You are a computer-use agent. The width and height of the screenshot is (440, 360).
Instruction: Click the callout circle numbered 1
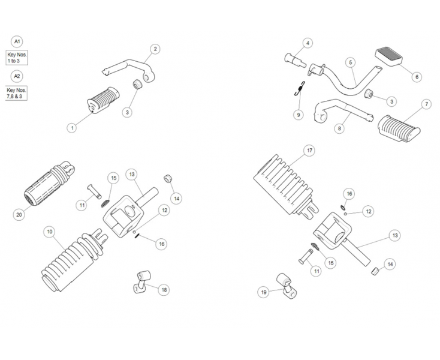(x=72, y=127)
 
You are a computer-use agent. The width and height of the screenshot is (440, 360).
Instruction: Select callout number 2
(x=155, y=49)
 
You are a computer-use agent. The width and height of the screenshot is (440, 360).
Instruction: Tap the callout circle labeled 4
(x=308, y=43)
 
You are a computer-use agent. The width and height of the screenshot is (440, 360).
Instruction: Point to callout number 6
(x=417, y=76)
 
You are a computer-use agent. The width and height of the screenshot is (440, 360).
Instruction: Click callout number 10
(x=50, y=231)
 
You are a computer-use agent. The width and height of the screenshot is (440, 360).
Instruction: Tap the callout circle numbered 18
(x=164, y=289)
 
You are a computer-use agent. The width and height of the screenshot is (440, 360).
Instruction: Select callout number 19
(x=262, y=292)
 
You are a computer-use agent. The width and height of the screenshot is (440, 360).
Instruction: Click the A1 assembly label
(x=18, y=41)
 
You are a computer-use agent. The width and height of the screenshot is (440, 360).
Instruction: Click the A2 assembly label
(x=18, y=76)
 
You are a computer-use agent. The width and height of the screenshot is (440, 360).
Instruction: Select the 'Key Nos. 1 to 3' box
(x=17, y=58)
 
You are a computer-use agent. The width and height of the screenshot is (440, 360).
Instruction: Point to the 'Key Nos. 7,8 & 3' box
(x=17, y=93)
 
